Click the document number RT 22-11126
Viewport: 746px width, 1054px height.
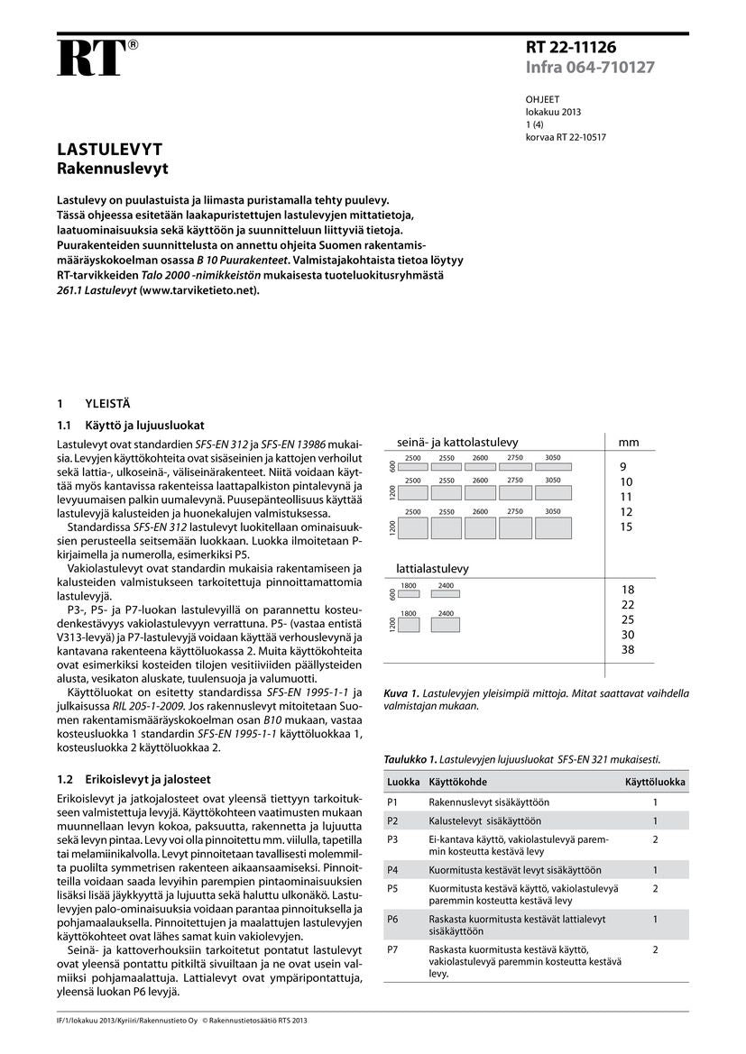572,48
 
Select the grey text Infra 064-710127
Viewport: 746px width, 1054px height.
590,68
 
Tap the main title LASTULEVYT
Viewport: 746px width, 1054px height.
109,149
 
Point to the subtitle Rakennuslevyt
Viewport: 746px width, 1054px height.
113,169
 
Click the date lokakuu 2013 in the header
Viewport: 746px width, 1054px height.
553,113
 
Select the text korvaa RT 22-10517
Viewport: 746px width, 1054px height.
566,138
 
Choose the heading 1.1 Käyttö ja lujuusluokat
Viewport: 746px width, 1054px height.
132,425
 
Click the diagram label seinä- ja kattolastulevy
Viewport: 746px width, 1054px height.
457,442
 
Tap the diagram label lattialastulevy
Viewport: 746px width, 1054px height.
433,569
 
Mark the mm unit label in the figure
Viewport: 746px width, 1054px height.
628,443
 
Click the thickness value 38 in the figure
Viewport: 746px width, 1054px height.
628,649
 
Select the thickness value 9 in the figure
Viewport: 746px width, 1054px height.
622,467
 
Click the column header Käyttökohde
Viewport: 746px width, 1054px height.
457,782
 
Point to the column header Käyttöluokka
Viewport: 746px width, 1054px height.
655,782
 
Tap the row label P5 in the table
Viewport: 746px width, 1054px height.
392,888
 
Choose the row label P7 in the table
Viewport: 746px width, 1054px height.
392,950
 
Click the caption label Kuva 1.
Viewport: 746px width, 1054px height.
401,693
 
